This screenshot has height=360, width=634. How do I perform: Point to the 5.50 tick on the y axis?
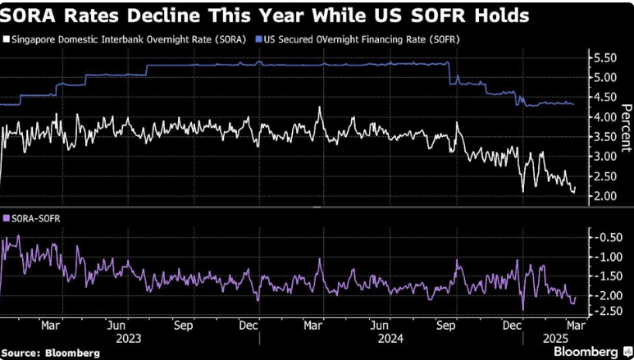click(604, 58)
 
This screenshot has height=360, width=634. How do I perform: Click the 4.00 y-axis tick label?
click(604, 117)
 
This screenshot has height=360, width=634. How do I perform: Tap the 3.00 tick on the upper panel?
click(604, 157)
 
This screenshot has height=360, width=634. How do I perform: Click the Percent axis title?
click(626, 128)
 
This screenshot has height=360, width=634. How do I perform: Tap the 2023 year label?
click(129, 339)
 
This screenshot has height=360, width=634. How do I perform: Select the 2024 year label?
click(390, 339)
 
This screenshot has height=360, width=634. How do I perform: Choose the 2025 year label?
click(556, 339)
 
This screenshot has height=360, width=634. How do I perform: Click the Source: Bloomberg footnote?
click(51, 353)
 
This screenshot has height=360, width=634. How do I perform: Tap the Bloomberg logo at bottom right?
click(591, 352)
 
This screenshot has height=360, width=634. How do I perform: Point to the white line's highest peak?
click(319, 107)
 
